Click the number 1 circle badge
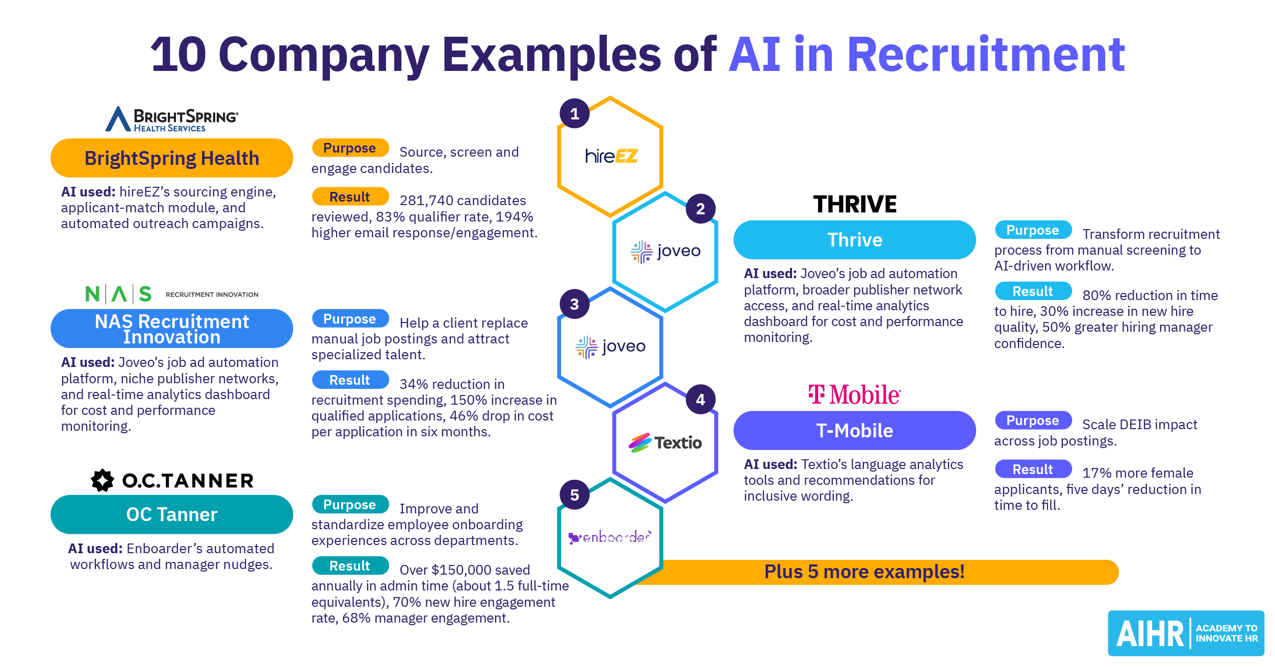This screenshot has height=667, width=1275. (x=574, y=113)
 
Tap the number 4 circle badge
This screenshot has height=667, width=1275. (x=700, y=399)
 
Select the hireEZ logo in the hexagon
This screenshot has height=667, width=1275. (x=611, y=156)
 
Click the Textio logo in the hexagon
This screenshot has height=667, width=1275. (x=665, y=442)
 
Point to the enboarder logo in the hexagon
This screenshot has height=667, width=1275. (x=609, y=537)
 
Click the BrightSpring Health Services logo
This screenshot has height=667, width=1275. (x=171, y=119)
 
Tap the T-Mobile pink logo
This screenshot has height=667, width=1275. (x=854, y=394)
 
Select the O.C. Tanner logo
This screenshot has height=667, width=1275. (x=172, y=480)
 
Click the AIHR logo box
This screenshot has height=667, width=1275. (x=1185, y=633)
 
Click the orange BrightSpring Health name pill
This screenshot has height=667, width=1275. (x=171, y=158)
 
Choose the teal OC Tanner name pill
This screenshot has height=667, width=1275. (x=171, y=514)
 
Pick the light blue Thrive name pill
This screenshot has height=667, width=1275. (x=854, y=240)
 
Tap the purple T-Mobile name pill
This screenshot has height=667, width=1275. (x=854, y=431)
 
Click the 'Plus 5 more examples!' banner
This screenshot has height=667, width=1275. (x=864, y=572)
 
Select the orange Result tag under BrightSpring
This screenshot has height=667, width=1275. (x=350, y=196)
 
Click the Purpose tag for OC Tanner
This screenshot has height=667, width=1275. (x=350, y=504)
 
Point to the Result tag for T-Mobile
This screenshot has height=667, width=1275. (x=1033, y=469)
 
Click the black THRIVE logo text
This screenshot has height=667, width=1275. (x=855, y=204)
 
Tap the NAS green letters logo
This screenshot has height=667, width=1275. (x=118, y=294)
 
